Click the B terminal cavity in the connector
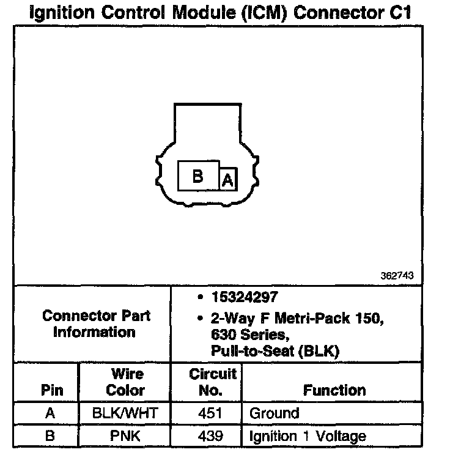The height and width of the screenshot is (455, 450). [198, 176]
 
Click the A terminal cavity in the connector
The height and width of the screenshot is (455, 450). [227, 180]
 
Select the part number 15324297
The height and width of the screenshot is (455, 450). [245, 298]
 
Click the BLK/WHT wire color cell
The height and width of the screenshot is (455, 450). [125, 413]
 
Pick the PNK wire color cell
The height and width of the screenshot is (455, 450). [125, 436]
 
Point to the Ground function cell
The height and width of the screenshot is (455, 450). [275, 413]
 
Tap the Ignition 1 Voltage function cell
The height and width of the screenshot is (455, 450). [308, 436]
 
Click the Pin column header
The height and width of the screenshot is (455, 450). [51, 390]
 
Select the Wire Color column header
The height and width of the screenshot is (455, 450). [126, 382]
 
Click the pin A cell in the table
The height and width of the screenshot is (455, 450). [50, 413]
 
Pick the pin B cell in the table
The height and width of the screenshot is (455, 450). [50, 436]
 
